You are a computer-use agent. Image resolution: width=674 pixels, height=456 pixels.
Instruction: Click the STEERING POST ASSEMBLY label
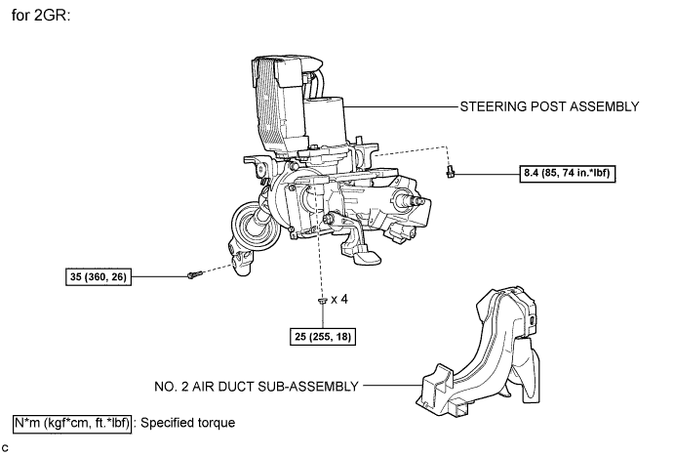549,106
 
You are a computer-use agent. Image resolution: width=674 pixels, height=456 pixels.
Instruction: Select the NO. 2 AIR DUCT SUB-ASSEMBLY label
257,387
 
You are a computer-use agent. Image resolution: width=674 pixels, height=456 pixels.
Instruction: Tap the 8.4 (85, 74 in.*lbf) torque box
568,174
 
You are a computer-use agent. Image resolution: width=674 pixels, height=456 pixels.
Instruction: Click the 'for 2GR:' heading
41,16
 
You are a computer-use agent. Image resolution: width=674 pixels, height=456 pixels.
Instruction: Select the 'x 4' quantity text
339,299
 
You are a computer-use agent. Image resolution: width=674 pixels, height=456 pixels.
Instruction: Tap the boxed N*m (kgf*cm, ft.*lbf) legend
72,424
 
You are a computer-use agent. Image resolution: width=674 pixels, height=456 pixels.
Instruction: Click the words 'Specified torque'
188,423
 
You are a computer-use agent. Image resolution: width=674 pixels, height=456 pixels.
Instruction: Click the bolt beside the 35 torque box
195,273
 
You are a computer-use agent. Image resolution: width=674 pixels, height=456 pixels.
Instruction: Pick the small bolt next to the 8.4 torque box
450,172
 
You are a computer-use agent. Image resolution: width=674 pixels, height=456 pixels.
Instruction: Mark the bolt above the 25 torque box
323,300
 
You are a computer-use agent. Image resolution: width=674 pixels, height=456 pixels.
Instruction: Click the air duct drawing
478,351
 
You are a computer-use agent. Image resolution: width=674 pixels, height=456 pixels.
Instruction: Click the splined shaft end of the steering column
414,199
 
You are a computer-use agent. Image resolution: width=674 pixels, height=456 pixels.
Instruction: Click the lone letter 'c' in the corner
5,448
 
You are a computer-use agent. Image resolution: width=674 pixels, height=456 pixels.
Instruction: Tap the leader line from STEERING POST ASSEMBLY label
401,106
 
